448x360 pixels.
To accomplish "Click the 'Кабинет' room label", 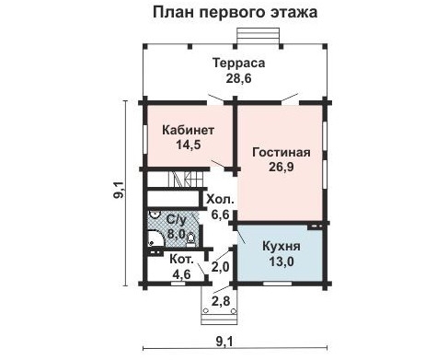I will tap(188, 130).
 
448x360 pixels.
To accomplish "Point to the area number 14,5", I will tap(188, 145).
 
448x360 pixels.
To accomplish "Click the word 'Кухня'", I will tap(279, 247).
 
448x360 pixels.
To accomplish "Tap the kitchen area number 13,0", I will tap(279, 261).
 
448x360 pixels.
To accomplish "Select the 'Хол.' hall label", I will tap(221, 199).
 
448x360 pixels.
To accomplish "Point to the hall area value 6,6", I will tap(221, 215).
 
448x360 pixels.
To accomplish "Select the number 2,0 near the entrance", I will tap(221, 267).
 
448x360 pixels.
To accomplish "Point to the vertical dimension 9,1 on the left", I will tap(119, 193).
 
